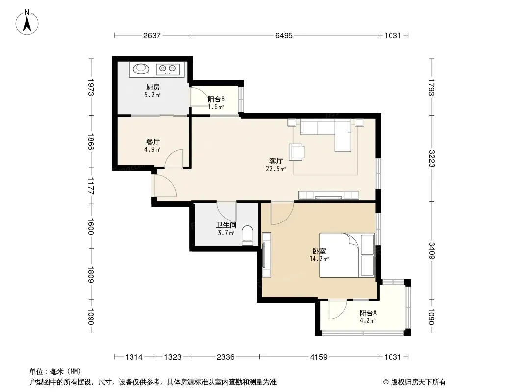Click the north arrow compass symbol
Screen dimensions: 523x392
click(x=27, y=23)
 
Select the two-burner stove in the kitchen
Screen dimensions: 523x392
click(x=167, y=69)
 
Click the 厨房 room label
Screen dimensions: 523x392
click(x=153, y=87)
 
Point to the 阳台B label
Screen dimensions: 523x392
click(x=216, y=99)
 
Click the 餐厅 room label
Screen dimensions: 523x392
click(x=153, y=142)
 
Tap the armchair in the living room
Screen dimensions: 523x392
click(x=296, y=152)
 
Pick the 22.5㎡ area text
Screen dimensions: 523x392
click(x=276, y=169)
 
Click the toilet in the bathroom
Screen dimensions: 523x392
click(x=247, y=236)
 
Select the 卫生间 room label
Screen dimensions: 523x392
click(x=226, y=225)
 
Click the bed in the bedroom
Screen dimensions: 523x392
click(x=347, y=255)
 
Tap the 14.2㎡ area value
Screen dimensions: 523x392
click(x=319, y=259)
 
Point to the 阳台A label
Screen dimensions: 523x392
click(x=368, y=313)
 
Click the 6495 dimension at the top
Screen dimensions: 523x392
click(x=284, y=35)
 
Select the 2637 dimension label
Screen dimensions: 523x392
click(x=152, y=35)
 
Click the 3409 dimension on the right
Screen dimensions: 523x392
click(x=432, y=251)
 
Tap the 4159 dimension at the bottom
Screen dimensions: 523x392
click(x=319, y=357)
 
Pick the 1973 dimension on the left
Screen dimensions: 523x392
click(x=91, y=87)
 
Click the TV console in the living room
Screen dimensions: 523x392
click(x=329, y=195)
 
